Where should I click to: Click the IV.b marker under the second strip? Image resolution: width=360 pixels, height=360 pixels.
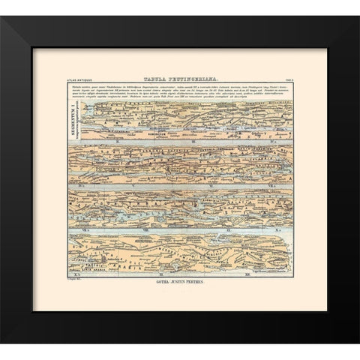[81, 184]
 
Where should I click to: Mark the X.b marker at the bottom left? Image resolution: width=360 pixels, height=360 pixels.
[81, 276]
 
